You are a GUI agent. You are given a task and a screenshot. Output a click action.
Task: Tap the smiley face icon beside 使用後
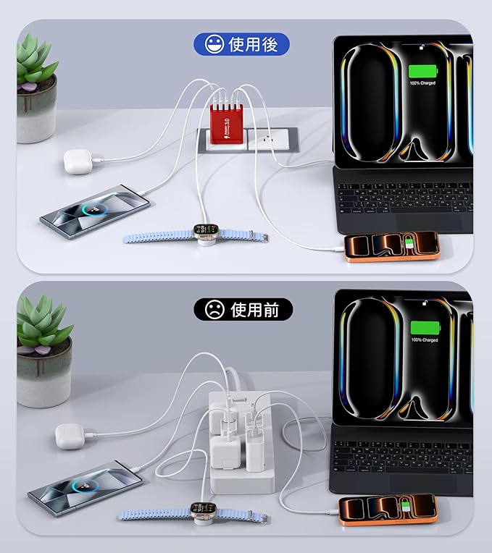point(214,45)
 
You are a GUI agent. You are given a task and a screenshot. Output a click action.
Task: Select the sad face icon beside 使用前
point(214,310)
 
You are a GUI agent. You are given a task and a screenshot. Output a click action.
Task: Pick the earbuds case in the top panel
point(75,161)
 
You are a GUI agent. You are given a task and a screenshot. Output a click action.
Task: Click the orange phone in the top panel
point(391,246)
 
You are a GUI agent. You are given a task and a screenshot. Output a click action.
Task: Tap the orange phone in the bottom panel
point(388,510)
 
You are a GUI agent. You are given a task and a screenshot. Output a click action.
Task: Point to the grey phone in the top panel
point(94,210)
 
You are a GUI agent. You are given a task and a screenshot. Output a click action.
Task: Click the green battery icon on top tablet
point(423,72)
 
